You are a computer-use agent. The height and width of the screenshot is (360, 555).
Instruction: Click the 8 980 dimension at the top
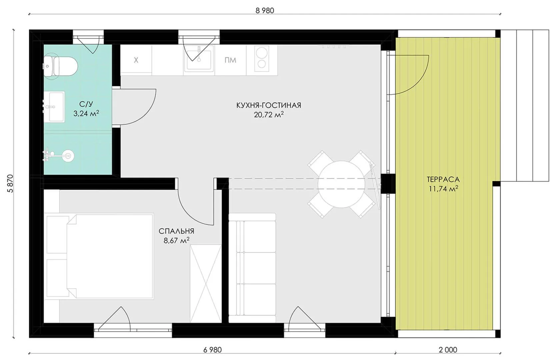point(265,10)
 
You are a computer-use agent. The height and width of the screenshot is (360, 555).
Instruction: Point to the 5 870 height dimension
point(10,184)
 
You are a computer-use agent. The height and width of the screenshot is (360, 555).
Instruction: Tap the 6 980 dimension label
point(212,350)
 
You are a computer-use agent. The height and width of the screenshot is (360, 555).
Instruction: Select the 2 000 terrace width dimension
point(448,350)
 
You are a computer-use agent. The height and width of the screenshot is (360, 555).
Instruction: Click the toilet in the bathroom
point(61,66)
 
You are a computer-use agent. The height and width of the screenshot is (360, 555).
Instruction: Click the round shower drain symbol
point(68,156)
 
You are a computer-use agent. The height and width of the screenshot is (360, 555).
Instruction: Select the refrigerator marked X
point(136,60)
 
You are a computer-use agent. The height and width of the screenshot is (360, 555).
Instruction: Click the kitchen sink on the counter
point(199,60)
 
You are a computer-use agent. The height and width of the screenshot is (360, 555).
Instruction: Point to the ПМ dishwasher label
point(230,60)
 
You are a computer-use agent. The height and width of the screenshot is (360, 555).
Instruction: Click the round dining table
point(341,184)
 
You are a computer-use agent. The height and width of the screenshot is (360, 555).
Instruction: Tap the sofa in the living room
point(252,268)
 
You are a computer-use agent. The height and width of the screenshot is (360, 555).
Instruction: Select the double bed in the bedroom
point(99,256)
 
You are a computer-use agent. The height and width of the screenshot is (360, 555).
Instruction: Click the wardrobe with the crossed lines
point(205,283)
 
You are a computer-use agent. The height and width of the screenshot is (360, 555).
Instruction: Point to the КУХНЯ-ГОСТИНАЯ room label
point(269,105)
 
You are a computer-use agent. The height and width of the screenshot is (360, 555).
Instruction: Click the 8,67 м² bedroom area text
point(176,240)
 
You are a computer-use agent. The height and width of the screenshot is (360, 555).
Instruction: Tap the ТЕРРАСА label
point(443,179)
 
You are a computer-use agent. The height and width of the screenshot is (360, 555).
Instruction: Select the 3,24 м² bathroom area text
point(86,113)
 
